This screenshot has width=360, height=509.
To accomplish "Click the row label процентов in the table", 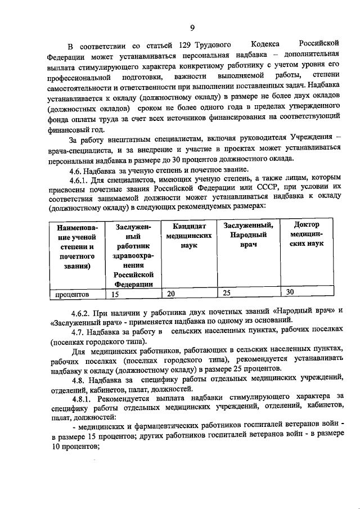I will (x=75, y=294).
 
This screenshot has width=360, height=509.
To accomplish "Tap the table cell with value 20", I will (x=172, y=293).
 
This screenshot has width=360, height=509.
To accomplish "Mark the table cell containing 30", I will (x=290, y=292).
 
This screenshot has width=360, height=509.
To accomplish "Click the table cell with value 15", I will (x=115, y=294).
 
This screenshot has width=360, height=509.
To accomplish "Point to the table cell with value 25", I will (x=227, y=292).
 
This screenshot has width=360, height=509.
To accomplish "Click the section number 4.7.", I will (x=77, y=331).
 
